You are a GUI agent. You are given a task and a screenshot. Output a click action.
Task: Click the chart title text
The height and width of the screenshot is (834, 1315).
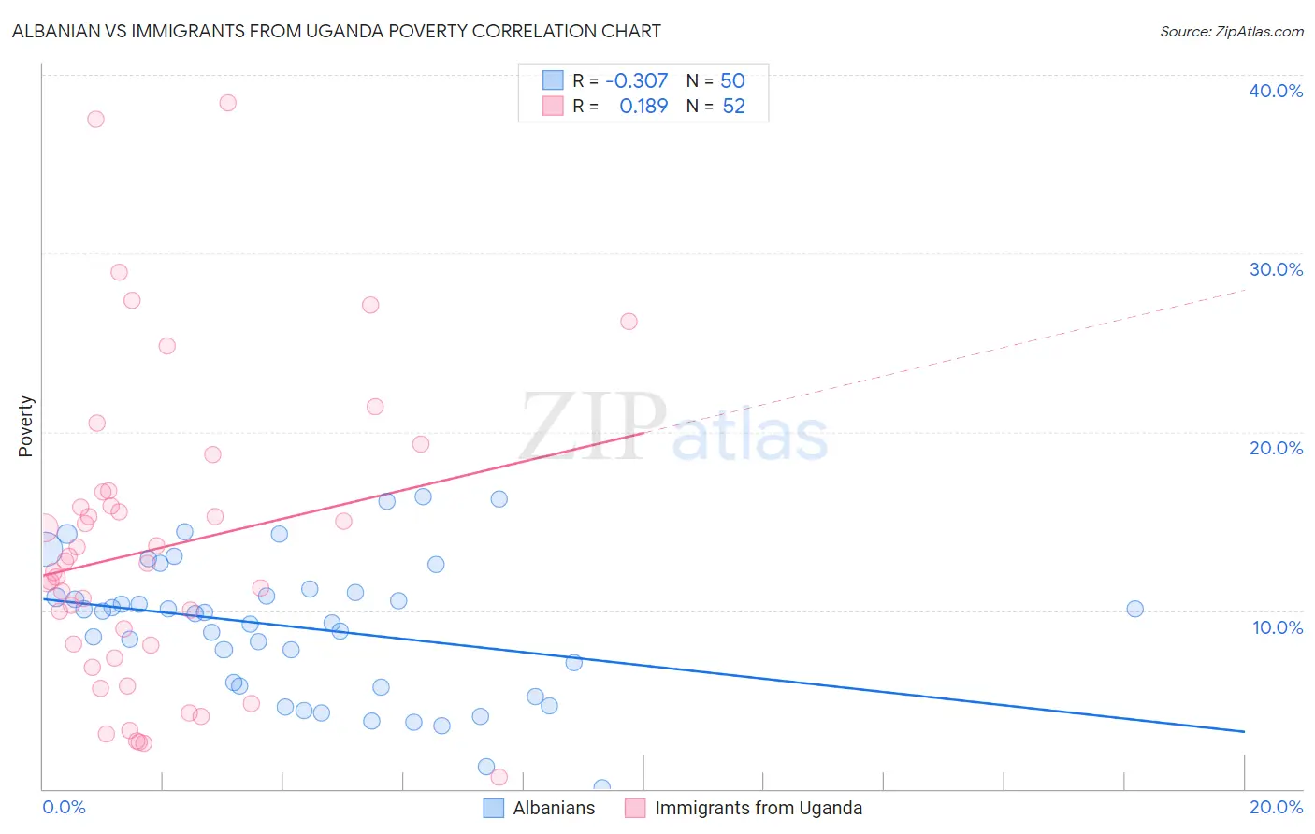click(337, 32)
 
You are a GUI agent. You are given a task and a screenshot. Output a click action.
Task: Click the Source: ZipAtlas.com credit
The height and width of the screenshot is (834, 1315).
click(1231, 32)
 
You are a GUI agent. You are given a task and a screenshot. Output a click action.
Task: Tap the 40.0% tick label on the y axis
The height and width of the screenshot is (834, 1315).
click(1275, 91)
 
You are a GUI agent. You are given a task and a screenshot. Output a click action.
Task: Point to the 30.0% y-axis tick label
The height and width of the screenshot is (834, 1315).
click(1275, 269)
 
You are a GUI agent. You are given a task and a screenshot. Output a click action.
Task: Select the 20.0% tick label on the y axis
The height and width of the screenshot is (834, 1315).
click(1275, 448)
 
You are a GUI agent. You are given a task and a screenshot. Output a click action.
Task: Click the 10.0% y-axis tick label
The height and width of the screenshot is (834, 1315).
click(1277, 627)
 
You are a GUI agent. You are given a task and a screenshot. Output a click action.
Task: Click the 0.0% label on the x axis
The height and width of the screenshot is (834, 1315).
click(64, 807)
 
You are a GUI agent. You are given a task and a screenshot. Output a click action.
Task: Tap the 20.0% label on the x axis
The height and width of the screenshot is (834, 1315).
click(1276, 807)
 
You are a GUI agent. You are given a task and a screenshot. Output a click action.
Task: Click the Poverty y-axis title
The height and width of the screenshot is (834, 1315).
click(26, 426)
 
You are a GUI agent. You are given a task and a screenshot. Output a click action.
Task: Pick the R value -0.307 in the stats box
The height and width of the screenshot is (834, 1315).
click(637, 81)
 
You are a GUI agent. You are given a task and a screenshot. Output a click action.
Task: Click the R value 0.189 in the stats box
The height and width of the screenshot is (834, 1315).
click(643, 107)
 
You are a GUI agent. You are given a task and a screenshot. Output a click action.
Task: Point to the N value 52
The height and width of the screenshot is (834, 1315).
click(733, 107)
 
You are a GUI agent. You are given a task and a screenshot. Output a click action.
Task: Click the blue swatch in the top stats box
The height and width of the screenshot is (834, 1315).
click(553, 80)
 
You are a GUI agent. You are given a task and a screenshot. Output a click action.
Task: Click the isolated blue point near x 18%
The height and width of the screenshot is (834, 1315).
click(1134, 609)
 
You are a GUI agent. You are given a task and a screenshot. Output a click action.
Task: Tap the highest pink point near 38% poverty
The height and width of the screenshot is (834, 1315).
click(227, 103)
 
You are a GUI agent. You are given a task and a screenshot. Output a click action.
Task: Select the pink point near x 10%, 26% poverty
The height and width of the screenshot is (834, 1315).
click(629, 322)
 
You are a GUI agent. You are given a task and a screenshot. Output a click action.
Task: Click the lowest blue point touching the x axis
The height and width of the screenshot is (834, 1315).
click(601, 788)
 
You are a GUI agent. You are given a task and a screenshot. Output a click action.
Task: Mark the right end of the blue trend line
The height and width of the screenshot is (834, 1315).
click(1244, 731)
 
